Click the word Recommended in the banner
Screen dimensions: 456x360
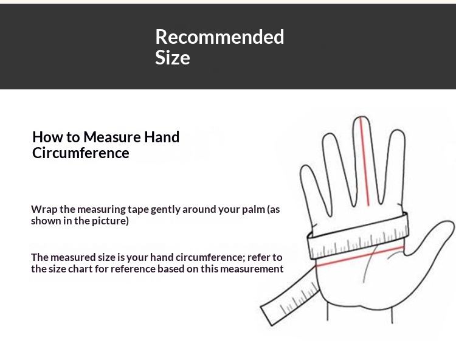(x=219, y=37)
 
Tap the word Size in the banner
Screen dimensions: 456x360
(x=173, y=57)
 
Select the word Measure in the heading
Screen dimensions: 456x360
(x=112, y=137)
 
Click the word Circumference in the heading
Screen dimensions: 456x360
(x=80, y=153)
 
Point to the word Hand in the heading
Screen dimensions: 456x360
(x=162, y=137)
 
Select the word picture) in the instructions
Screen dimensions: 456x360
(x=110, y=221)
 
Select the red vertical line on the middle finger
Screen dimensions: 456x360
(x=365, y=161)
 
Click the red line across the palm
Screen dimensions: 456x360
(x=360, y=257)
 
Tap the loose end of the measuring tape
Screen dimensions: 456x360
(x=267, y=316)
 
